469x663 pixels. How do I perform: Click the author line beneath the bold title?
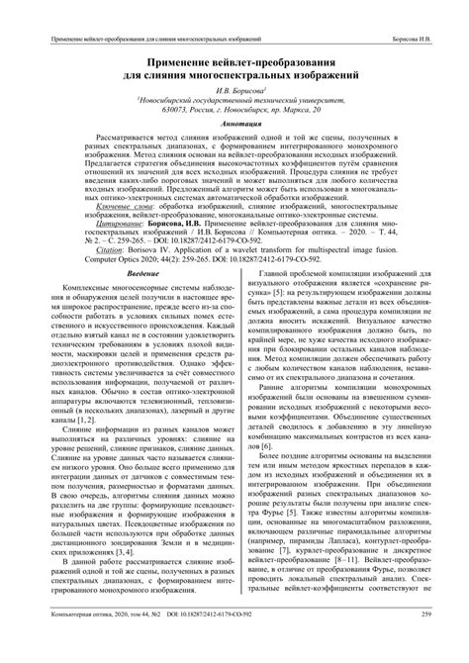(234, 88)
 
